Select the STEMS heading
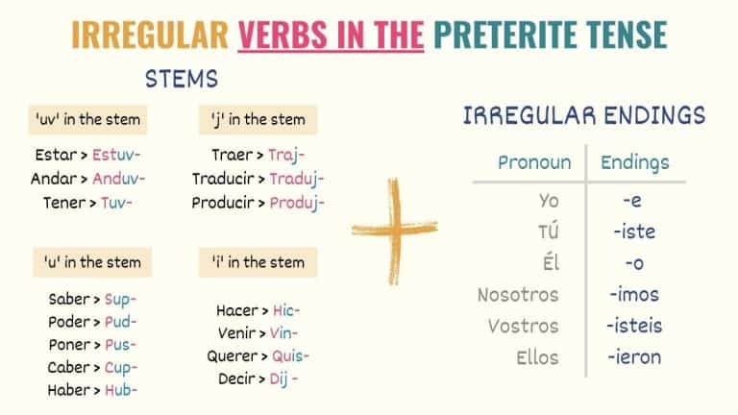pyautogui.click(x=182, y=78)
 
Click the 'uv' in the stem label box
pyautogui.click(x=86, y=120)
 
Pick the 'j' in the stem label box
pyautogui.click(x=258, y=120)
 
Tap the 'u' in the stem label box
pyautogui.click(x=92, y=262)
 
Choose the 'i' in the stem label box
pyautogui.click(x=258, y=262)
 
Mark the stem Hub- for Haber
pyautogui.click(x=120, y=390)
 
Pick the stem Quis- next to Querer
pyautogui.click(x=288, y=355)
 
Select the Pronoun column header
pyautogui.click(x=534, y=162)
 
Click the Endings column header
pyautogui.click(x=635, y=162)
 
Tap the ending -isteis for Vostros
pyautogui.click(x=633, y=326)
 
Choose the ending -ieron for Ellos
pyautogui.click(x=633, y=357)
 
